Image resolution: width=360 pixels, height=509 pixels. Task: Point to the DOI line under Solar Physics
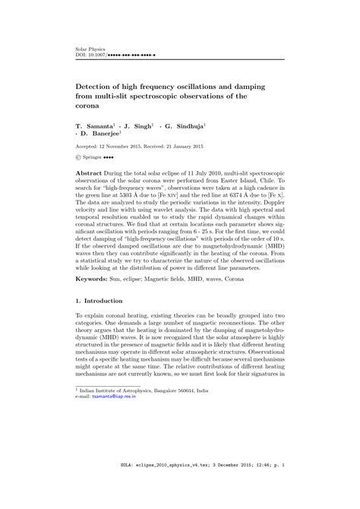pyautogui.click(x=115, y=55)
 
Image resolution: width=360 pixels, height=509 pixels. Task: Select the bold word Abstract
pyautogui.click(x=89, y=173)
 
